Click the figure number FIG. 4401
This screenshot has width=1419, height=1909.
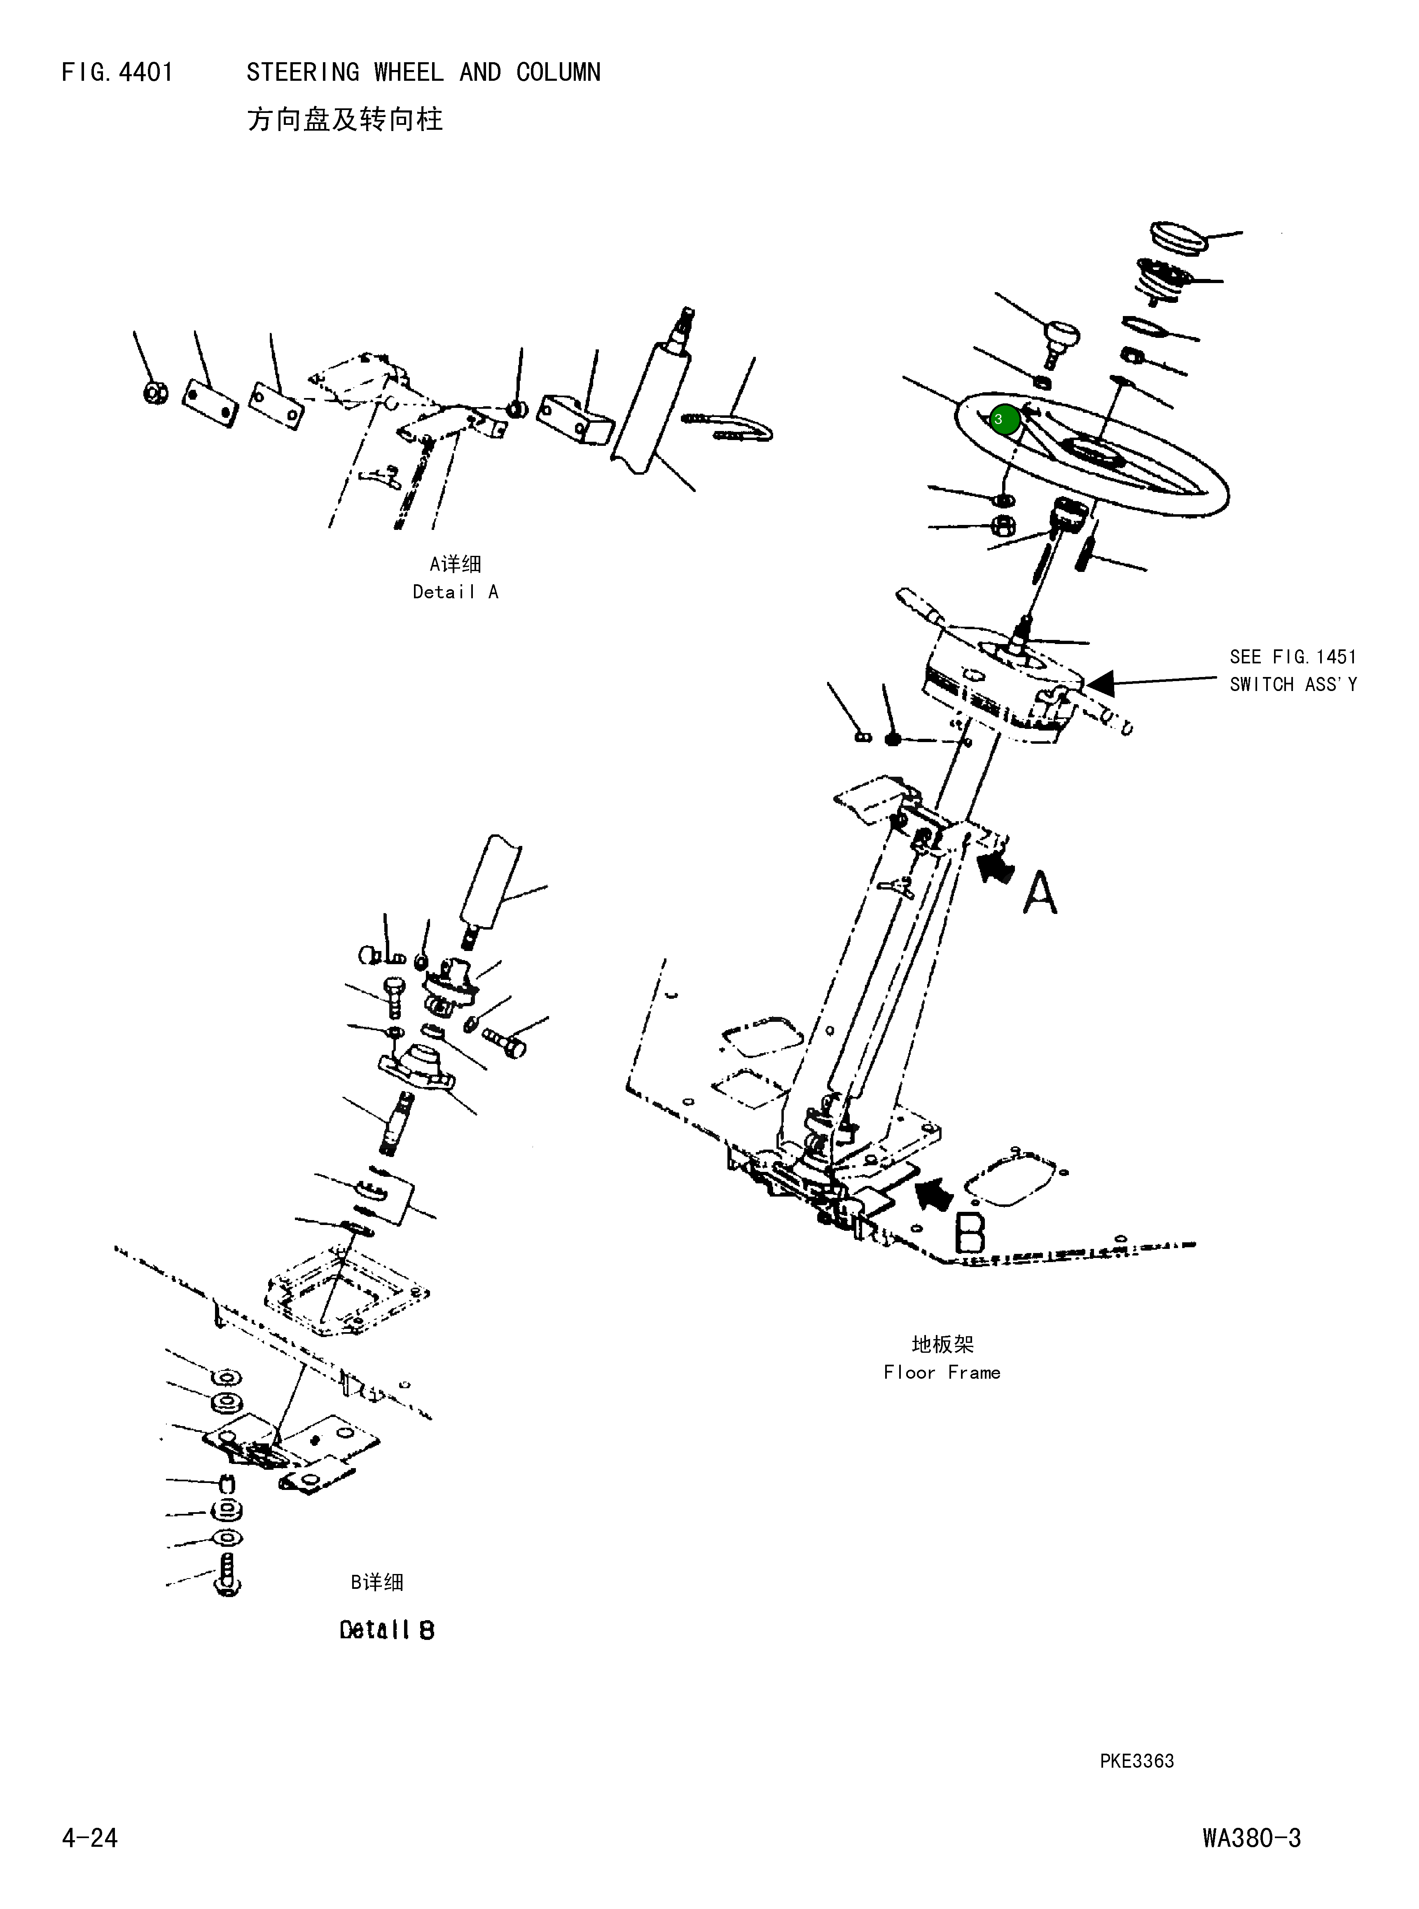(118, 72)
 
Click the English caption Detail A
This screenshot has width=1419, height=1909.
(455, 592)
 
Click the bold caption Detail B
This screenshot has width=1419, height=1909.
(386, 1630)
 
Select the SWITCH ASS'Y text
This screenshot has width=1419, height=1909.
(1293, 685)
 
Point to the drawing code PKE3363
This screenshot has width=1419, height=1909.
(1136, 1760)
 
